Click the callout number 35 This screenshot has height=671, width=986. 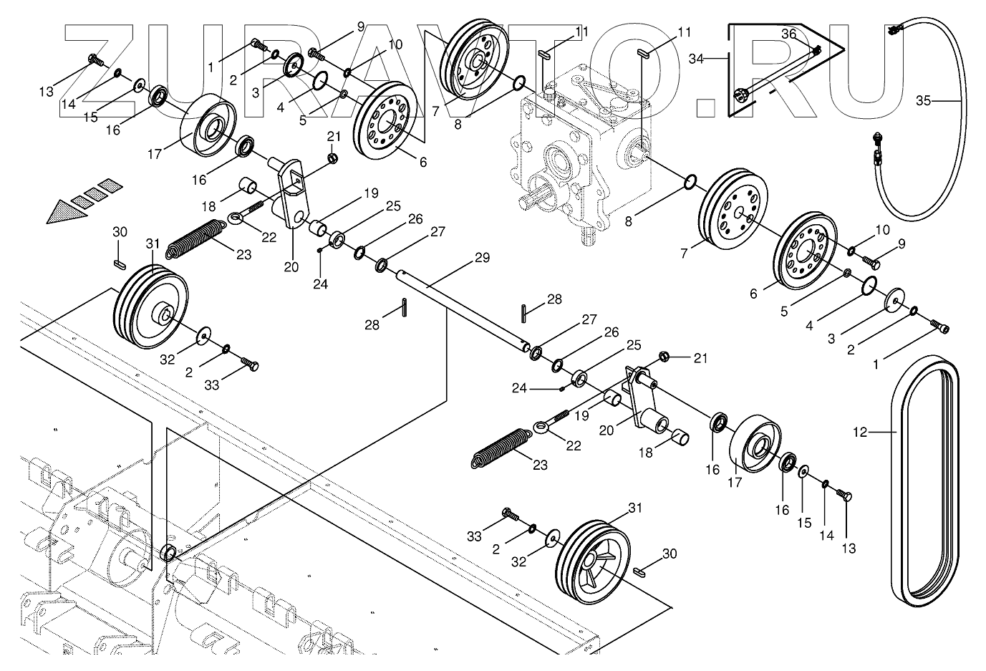(x=923, y=101)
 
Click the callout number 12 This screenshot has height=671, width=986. (x=859, y=432)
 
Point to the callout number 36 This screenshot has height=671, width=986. (x=788, y=34)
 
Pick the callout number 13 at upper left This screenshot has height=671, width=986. (x=47, y=92)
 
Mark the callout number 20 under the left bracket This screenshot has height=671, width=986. (x=290, y=267)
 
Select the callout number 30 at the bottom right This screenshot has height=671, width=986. (x=669, y=554)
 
